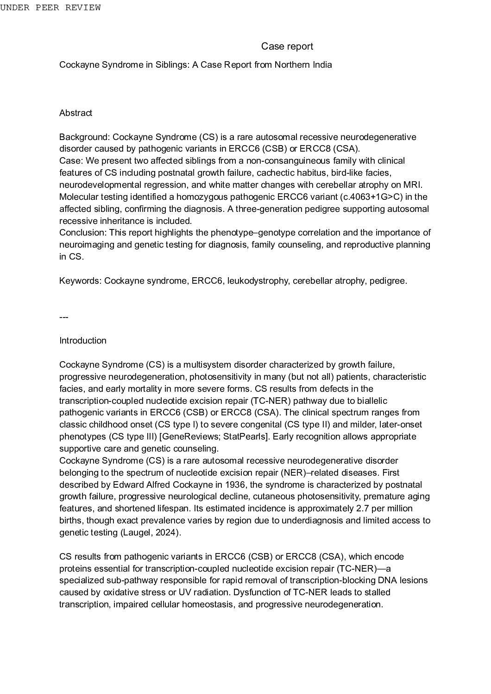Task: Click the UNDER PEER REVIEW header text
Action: pyautogui.click(x=50, y=7)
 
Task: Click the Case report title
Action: pyautogui.click(x=287, y=46)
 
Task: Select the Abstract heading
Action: pyautogui.click(x=76, y=113)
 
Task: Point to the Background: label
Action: pyautogui.click(x=85, y=137)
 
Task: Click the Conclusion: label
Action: pyautogui.click(x=83, y=233)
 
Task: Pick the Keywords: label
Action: pyautogui.click(x=80, y=281)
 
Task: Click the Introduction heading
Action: pyautogui.click(x=83, y=341)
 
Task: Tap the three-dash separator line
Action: pyautogui.click(x=64, y=318)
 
